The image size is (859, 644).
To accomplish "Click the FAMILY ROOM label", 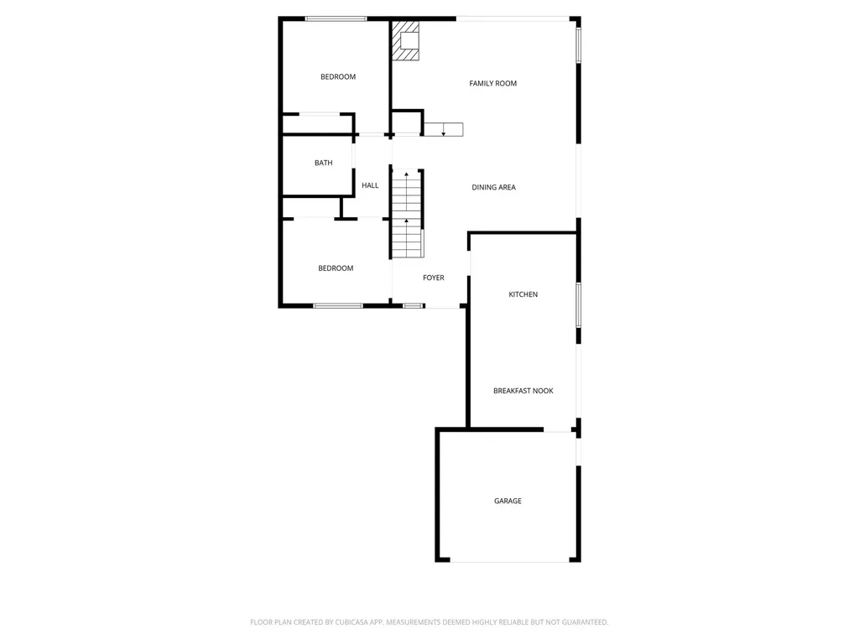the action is [493, 83].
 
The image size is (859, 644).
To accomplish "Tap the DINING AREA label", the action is [493, 187].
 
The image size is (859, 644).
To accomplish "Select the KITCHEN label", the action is [523, 294].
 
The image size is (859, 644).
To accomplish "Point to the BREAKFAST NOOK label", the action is [523, 391].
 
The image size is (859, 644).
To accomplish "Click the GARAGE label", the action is [508, 501].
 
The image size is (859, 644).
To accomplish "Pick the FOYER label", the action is [434, 278].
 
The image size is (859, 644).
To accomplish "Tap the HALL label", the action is [370, 185].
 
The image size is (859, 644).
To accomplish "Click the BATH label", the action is [323, 163].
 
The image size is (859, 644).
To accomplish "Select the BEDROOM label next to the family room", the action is [338, 76].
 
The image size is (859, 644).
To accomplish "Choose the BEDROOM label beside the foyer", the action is [336, 268].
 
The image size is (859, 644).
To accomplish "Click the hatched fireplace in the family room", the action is [406, 40].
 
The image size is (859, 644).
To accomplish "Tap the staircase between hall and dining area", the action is [407, 213].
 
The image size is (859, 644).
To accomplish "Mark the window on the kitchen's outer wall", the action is [579, 305].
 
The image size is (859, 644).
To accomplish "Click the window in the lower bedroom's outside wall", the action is [338, 305].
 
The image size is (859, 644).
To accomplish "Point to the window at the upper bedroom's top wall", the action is [336, 18].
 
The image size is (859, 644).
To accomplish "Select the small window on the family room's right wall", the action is [579, 45].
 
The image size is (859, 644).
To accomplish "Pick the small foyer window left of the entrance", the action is [413, 305].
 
